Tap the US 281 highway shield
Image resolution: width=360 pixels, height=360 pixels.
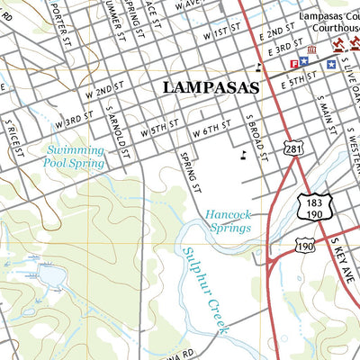click(293, 148)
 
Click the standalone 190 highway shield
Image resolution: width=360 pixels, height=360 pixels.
click(304, 244)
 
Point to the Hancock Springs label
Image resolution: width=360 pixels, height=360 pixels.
click(228, 221)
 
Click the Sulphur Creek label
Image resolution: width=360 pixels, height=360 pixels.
click(206, 289)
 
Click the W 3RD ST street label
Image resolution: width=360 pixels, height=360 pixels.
click(74, 119)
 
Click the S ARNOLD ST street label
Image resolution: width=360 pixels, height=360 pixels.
click(115, 130)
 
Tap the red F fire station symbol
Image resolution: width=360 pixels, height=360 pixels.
click(294, 63)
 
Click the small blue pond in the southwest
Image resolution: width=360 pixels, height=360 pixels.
click(45, 274)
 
